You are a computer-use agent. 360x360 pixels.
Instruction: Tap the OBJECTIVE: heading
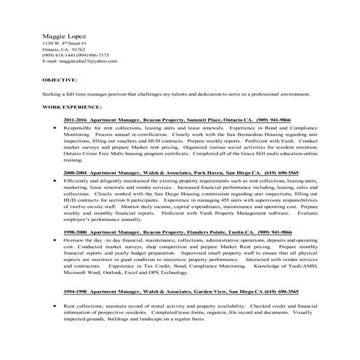[60, 78]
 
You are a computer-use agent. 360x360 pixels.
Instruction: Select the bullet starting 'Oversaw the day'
[55, 237]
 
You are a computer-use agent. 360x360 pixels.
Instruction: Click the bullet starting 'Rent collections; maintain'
[55, 297]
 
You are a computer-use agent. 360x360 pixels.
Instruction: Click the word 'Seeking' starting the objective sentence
[52, 95]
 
